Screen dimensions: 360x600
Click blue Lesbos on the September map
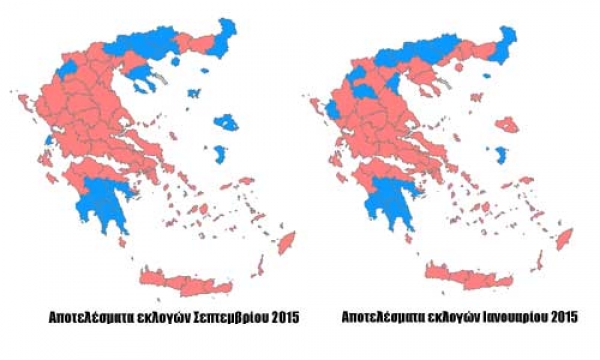pyautogui.click(x=228, y=123)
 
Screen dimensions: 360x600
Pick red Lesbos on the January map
pyautogui.click(x=507, y=125)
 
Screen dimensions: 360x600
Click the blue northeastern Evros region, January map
pyautogui.click(x=509, y=41)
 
